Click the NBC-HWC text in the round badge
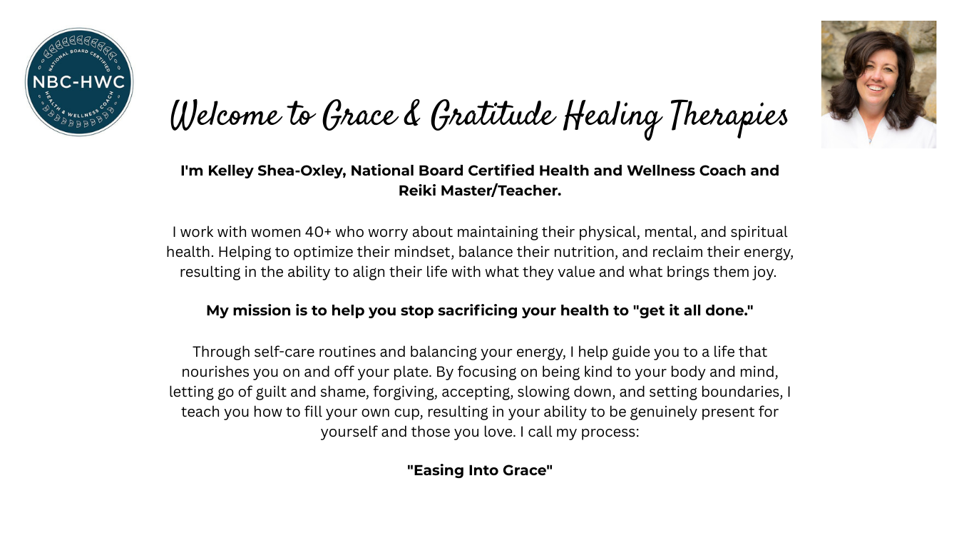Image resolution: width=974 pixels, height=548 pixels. [x=78, y=82]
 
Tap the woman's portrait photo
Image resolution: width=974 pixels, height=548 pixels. [x=878, y=84]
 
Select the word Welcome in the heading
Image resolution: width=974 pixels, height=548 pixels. [x=225, y=116]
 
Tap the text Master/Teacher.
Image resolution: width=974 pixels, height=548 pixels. [x=501, y=191]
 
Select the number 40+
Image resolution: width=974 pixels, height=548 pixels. [x=318, y=232]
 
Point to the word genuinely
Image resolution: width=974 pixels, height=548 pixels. [x=664, y=412]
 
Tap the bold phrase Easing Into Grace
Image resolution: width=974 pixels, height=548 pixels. [x=480, y=470]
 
